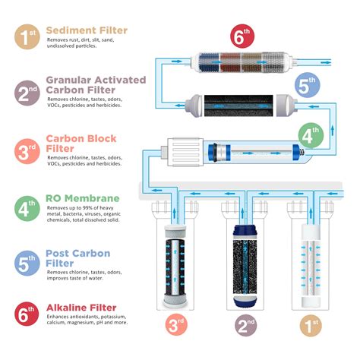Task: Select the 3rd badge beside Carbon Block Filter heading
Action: click(x=27, y=151)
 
